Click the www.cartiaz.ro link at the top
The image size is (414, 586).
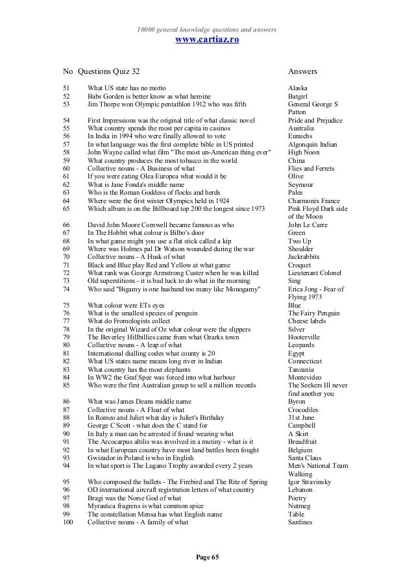pos(207,40)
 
